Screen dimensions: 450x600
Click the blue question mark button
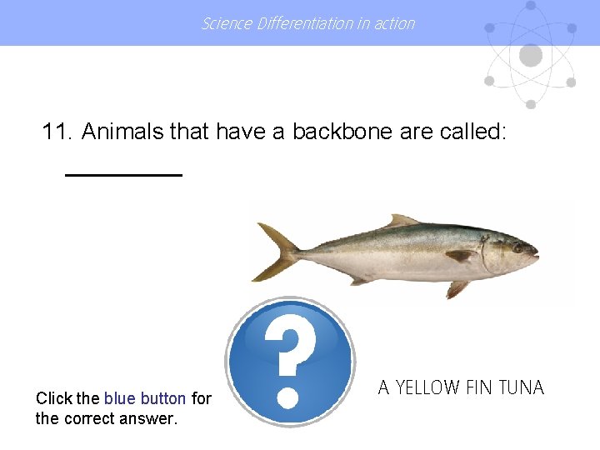click(290, 362)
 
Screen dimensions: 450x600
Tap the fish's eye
click(518, 247)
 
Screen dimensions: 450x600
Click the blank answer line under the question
click(123, 174)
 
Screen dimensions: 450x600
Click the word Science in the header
click(227, 23)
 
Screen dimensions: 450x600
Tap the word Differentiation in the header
click(305, 23)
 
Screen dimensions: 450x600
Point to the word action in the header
click(393, 23)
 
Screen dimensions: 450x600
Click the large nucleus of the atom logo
click(530, 56)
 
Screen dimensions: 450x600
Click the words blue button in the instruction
click(145, 399)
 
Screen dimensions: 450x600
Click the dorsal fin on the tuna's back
click(402, 221)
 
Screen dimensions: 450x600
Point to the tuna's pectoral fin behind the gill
click(461, 255)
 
